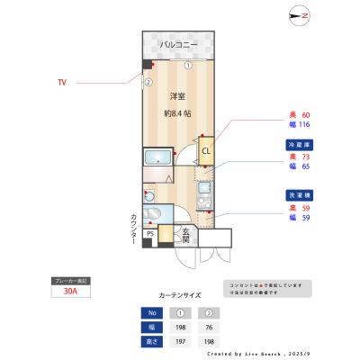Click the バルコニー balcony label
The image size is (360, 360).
click(x=179, y=44)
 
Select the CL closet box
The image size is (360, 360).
click(x=206, y=151)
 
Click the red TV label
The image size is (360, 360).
click(x=62, y=82)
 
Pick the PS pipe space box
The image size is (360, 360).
click(x=151, y=234)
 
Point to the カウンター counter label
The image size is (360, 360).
click(x=133, y=230)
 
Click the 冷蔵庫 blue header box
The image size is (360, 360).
click(x=300, y=144)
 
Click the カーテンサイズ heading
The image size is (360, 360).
click(x=180, y=294)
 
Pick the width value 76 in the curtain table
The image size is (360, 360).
click(x=211, y=328)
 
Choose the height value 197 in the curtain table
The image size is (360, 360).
click(x=179, y=342)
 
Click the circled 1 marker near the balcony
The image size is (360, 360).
click(x=188, y=65)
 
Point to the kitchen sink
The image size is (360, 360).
click(x=202, y=191)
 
